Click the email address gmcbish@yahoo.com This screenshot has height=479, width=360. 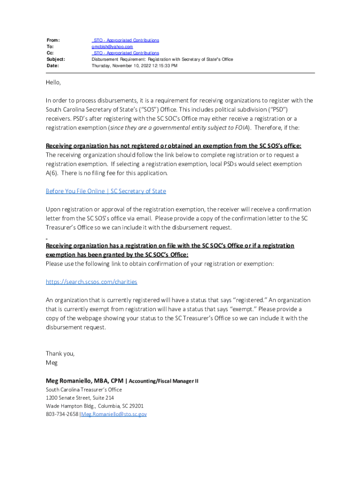[112, 47]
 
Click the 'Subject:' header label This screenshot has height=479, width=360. [56, 59]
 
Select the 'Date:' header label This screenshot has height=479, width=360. [52, 66]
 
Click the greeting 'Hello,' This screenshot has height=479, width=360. [53, 82]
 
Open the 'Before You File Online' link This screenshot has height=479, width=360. [106, 191]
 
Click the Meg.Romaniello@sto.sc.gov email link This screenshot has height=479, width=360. [114, 414]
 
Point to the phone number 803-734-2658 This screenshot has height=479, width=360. [62, 414]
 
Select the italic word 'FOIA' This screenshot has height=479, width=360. [240, 128]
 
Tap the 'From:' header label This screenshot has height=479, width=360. [53, 40]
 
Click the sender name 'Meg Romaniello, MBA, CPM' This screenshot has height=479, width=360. [84, 381]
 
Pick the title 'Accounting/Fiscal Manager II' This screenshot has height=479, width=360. [163, 381]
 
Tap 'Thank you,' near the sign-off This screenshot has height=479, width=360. [60, 354]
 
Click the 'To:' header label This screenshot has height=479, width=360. [50, 47]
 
